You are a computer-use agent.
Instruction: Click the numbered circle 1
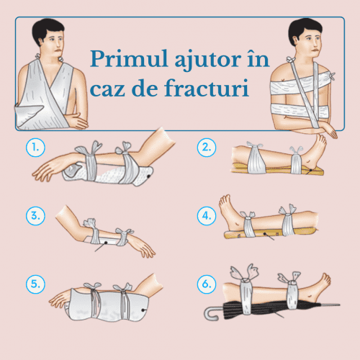[x=34, y=148]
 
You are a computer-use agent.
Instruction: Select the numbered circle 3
[x=34, y=215]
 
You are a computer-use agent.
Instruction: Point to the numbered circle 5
[x=34, y=284]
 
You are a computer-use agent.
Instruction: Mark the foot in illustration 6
[x=324, y=285]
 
